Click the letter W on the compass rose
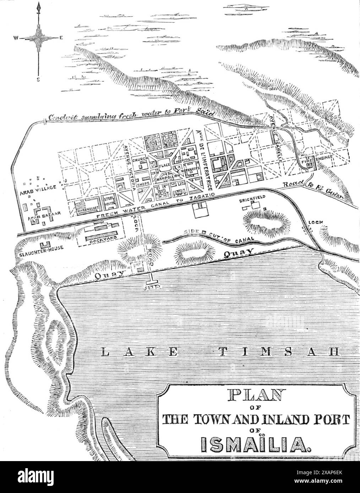pos(16,38)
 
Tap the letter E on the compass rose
pos(61,38)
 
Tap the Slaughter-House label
pos(39,249)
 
